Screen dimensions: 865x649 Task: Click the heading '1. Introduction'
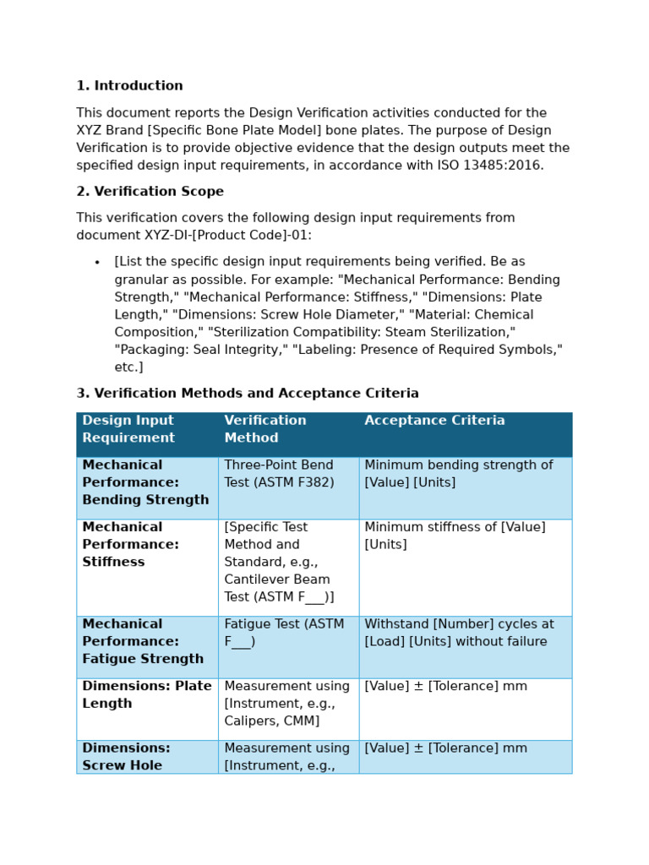click(x=129, y=86)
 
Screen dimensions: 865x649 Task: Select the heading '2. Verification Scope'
click(x=150, y=192)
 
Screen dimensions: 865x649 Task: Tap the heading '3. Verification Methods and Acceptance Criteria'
click(x=247, y=394)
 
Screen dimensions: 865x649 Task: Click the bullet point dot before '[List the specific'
click(x=97, y=263)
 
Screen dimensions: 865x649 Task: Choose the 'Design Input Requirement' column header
click(x=128, y=429)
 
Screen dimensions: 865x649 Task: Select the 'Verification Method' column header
click(x=265, y=429)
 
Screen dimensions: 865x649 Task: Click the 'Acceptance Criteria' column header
click(x=434, y=421)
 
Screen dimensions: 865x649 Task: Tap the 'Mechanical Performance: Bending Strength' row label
click(x=145, y=482)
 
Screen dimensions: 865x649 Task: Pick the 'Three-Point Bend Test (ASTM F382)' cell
click(x=279, y=474)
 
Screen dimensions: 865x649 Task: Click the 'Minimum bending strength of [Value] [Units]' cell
click(x=458, y=474)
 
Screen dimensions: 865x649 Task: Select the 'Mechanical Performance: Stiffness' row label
click(x=130, y=545)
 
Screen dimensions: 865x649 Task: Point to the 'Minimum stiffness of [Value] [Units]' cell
click(x=455, y=536)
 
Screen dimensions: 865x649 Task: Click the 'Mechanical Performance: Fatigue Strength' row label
click(x=143, y=641)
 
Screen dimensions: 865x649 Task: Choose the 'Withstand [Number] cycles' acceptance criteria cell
click(x=459, y=633)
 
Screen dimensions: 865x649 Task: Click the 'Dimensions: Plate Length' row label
click(x=147, y=694)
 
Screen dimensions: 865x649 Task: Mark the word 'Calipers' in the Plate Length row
click(x=249, y=721)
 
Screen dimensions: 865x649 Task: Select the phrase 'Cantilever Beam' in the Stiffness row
click(x=277, y=579)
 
